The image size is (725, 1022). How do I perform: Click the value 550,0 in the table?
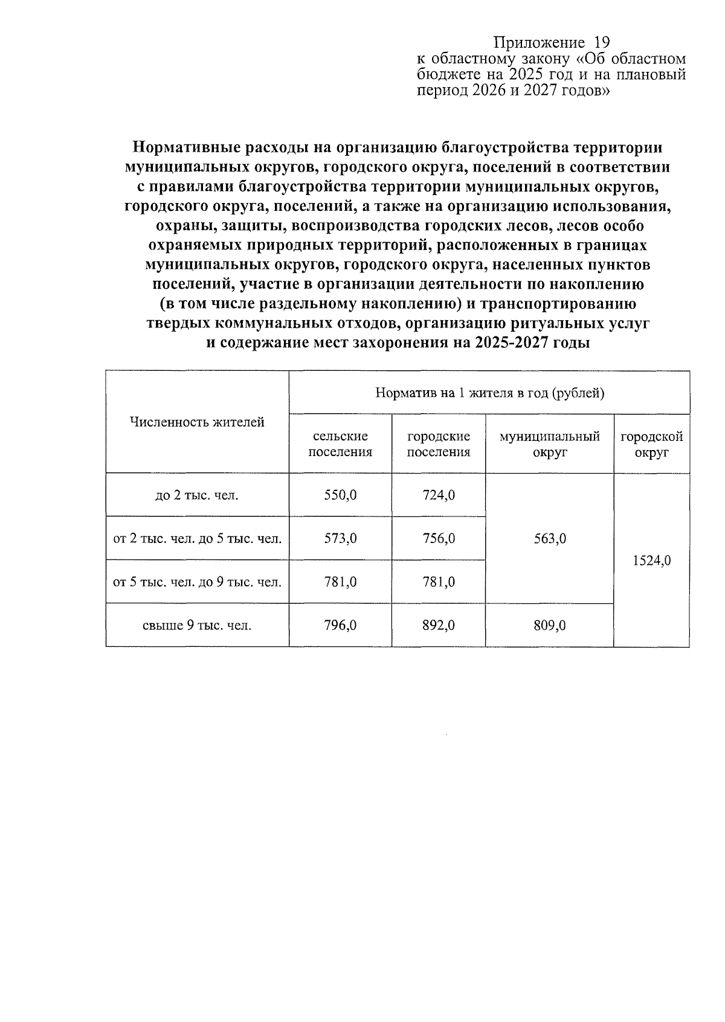pos(340,495)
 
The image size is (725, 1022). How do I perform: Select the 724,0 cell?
pos(439,495)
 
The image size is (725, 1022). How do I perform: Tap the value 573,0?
pos(340,538)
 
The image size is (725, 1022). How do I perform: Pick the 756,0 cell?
pos(439,538)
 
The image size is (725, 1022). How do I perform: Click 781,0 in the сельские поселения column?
pos(340,582)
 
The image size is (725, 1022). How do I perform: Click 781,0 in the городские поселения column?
pos(439,582)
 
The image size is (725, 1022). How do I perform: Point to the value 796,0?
pos(340,625)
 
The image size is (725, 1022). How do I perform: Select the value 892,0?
pos(439,625)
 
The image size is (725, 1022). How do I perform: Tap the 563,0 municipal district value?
pos(550,538)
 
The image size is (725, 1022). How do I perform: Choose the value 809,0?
pos(550,625)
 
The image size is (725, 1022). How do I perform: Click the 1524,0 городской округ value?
pos(652,561)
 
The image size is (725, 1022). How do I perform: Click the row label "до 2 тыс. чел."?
pos(197,496)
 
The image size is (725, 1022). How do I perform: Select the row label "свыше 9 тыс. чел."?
pos(197,626)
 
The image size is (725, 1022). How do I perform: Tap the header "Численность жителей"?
pos(197,422)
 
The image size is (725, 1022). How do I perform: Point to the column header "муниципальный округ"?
pos(550,444)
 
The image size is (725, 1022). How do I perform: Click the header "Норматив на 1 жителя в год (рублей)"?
pos(489,393)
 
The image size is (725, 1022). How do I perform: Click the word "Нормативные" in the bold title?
pos(184,147)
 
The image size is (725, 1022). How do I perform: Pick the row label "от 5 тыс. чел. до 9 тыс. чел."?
pos(197,582)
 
